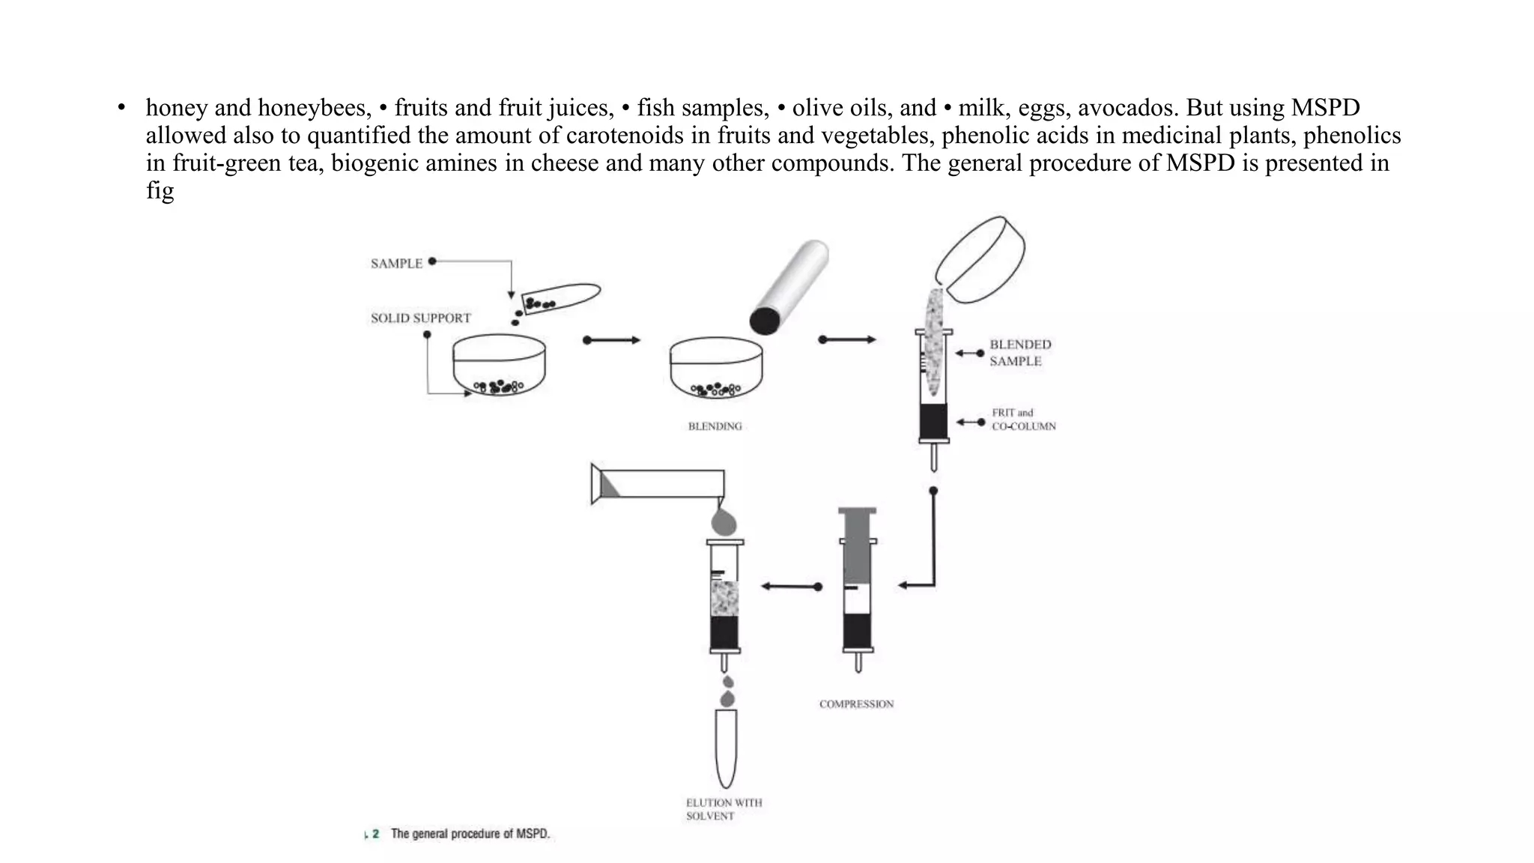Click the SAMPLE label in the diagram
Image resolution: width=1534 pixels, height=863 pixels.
click(x=396, y=264)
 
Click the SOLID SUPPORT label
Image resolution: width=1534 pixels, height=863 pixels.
click(x=420, y=318)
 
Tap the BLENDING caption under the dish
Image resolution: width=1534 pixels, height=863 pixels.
click(x=715, y=426)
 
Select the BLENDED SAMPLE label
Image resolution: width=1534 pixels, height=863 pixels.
click(x=1019, y=353)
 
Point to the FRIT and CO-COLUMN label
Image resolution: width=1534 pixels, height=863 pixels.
click(x=1023, y=420)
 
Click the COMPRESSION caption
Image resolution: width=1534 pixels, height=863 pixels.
click(x=856, y=704)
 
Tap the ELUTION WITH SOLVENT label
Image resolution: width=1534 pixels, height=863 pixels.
click(x=724, y=809)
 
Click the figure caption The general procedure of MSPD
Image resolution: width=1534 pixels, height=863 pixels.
click(x=470, y=834)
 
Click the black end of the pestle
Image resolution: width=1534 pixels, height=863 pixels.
click(x=764, y=321)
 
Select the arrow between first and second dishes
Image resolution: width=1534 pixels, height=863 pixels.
click(x=612, y=340)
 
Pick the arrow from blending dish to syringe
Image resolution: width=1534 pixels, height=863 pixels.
click(x=847, y=340)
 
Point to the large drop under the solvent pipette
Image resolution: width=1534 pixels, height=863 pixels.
click(x=724, y=521)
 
